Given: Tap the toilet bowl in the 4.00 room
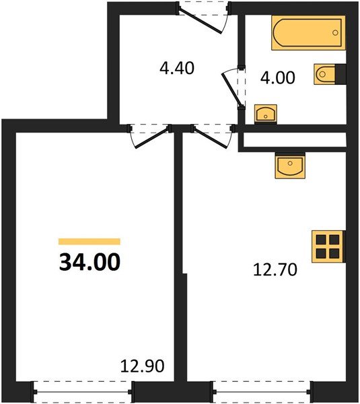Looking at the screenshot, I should click(x=324, y=74).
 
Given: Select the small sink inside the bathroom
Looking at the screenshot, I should click(x=266, y=114).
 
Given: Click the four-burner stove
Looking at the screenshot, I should click(x=328, y=246).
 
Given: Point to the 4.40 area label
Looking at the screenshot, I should click(x=177, y=69).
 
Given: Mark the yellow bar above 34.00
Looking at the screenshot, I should click(x=89, y=241).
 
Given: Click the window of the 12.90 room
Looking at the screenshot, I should click(x=81, y=389).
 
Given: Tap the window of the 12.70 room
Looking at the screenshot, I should click(x=262, y=389).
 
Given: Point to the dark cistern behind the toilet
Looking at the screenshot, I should click(x=341, y=74).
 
